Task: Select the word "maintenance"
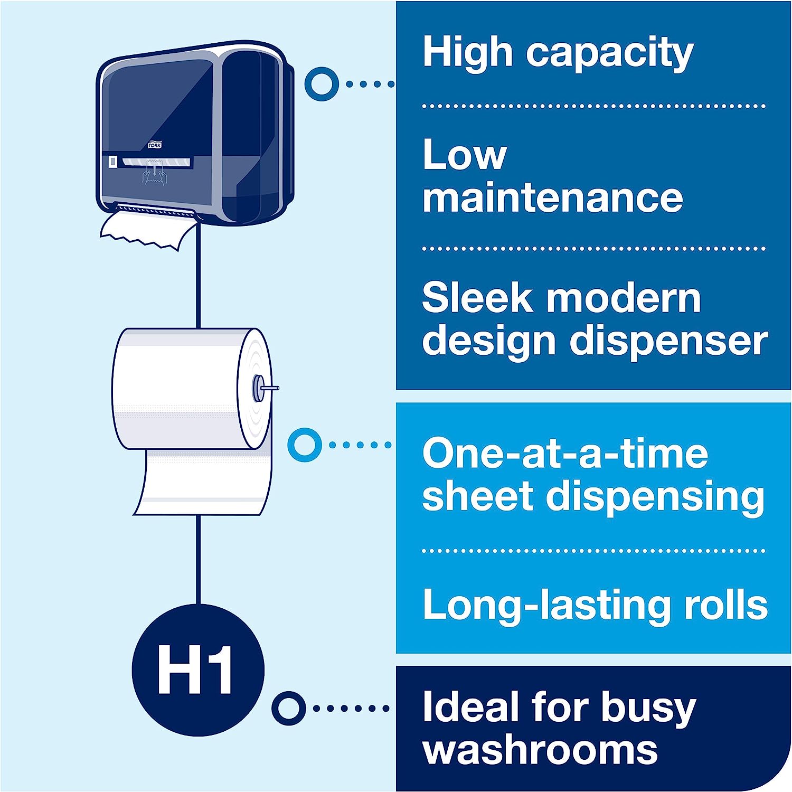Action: click(553, 198)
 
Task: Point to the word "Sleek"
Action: click(477, 297)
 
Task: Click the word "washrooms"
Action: click(540, 749)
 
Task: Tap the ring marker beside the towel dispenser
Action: click(322, 83)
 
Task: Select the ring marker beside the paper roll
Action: click(305, 445)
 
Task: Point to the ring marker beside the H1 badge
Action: click(289, 708)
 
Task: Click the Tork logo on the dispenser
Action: click(155, 145)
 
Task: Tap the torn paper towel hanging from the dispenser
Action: click(146, 228)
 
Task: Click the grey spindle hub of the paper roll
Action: click(258, 389)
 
